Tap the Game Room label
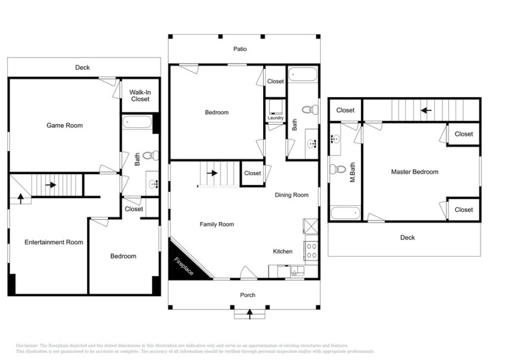coord(65,125)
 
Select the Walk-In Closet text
coord(140,95)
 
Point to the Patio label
coord(240,49)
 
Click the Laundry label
coord(276,118)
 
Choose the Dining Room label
coord(292,195)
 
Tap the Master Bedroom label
coord(414,172)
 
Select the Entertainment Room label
coord(53,242)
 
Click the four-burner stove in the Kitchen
coord(311,250)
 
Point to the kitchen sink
coord(295,272)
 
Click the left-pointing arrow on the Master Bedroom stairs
coord(426,110)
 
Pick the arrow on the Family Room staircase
coord(212,173)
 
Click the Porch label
coord(248,295)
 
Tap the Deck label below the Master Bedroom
coord(408,238)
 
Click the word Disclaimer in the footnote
coord(27,346)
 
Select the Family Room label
coord(216,224)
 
